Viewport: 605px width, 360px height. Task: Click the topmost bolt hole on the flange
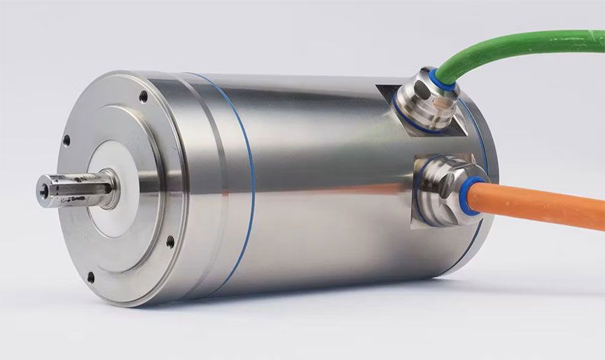click(144, 97)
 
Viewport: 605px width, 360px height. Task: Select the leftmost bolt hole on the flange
click(67, 140)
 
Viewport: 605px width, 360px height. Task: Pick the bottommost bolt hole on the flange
click(90, 277)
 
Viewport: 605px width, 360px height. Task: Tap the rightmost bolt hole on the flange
click(170, 242)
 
